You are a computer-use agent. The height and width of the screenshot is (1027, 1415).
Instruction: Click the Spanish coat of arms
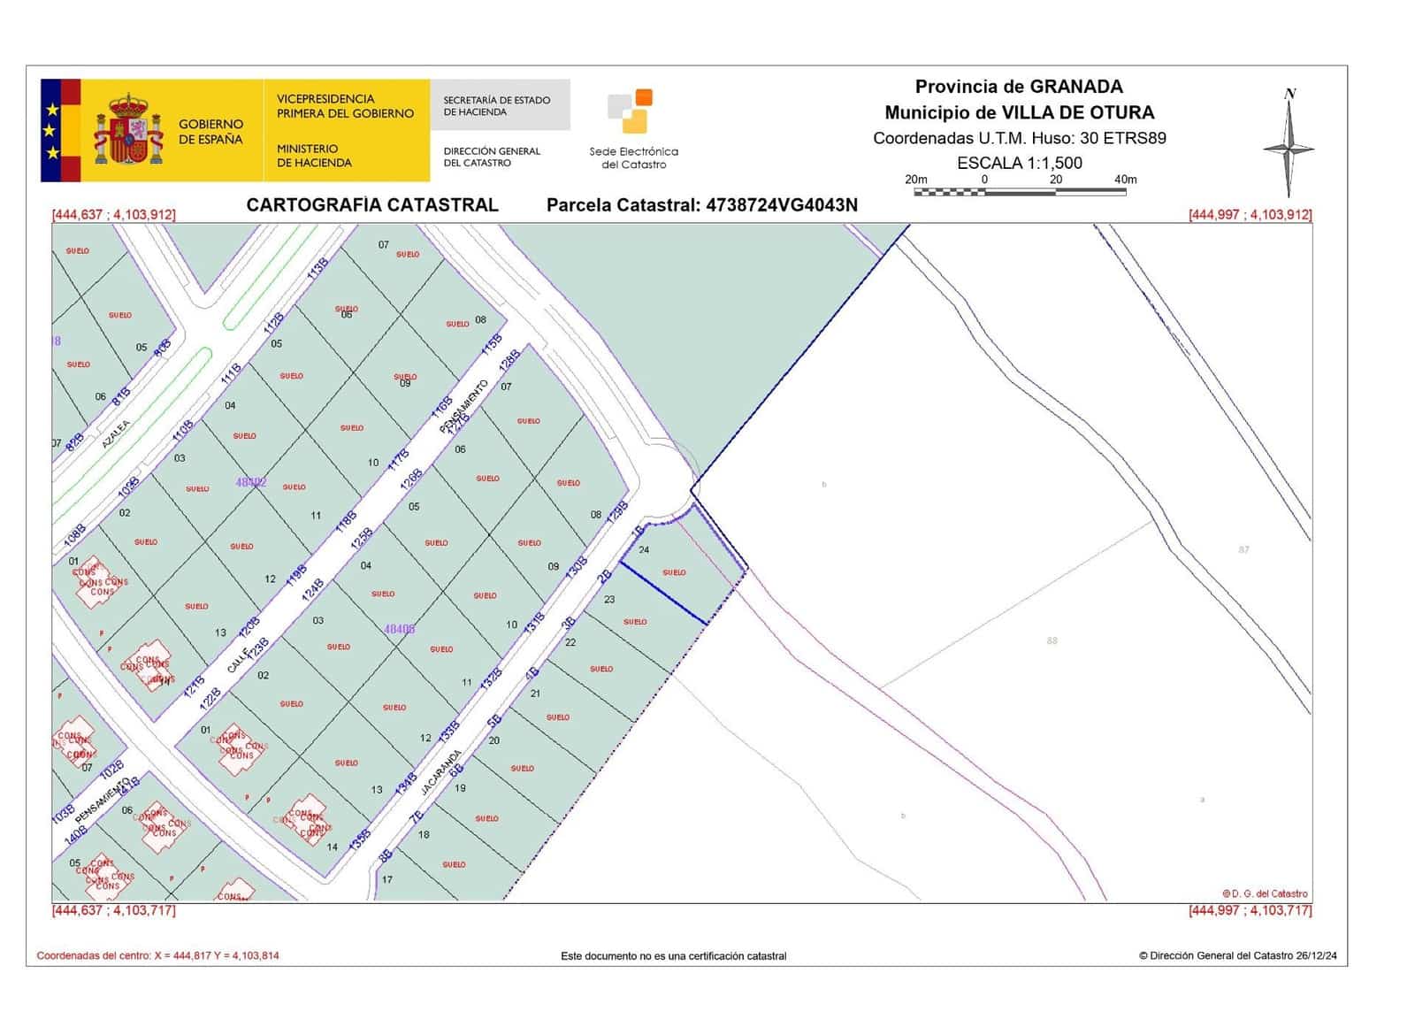129,131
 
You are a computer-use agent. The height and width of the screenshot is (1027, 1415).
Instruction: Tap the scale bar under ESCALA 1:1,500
1020,190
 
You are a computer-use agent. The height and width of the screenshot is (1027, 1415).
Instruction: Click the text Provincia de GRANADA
1019,87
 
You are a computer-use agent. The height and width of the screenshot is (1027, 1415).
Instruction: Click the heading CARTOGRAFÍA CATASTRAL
372,205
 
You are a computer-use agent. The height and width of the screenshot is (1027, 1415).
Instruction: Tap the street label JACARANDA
440,772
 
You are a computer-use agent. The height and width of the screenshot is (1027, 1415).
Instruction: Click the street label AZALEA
116,433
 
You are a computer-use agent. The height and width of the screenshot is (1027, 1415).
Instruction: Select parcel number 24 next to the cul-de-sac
644,550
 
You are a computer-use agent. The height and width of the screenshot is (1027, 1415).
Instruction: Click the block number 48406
400,629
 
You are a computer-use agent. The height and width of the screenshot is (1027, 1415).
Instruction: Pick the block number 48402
251,482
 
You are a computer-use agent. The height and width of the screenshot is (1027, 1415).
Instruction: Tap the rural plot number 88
1052,640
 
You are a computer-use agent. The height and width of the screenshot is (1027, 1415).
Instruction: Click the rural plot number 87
1243,549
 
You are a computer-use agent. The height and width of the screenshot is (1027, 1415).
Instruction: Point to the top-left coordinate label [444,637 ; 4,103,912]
114,214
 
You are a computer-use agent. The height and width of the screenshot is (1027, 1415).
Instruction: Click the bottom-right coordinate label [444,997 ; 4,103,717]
1250,910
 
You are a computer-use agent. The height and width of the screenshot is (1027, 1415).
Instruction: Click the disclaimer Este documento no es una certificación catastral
673,955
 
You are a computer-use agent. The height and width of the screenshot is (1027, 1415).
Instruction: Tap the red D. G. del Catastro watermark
1265,893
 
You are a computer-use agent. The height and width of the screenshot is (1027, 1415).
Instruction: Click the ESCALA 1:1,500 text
1019,163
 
